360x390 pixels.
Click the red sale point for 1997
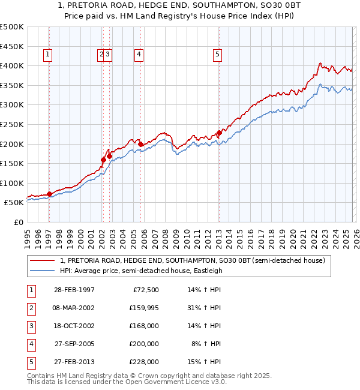point(49,194)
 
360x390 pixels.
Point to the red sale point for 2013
point(219,133)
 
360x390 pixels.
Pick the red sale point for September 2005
point(140,144)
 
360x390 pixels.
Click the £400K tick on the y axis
point(12,65)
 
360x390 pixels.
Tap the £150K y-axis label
point(12,163)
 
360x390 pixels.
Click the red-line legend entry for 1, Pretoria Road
point(192,260)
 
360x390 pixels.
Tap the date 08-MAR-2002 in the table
point(74,308)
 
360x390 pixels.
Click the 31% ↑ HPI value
point(204,308)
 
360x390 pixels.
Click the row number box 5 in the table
point(30,362)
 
